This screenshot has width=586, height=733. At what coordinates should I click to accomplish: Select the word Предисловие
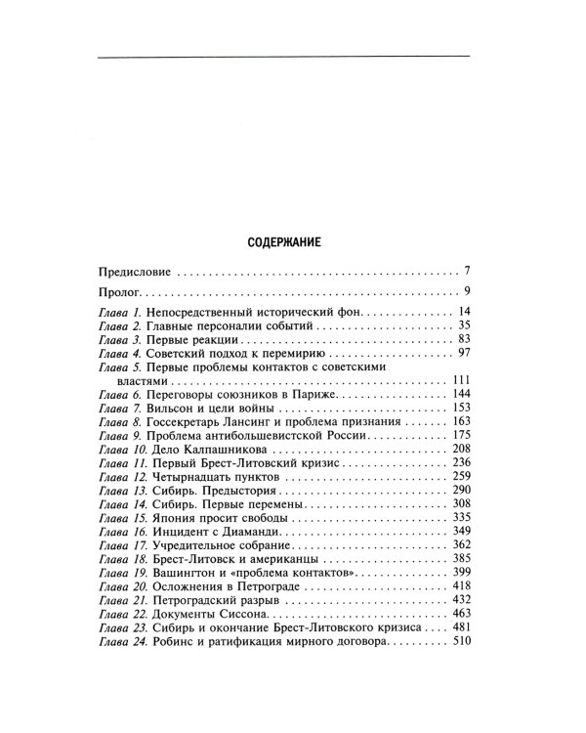tap(135, 269)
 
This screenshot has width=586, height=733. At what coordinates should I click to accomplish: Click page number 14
tap(465, 311)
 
